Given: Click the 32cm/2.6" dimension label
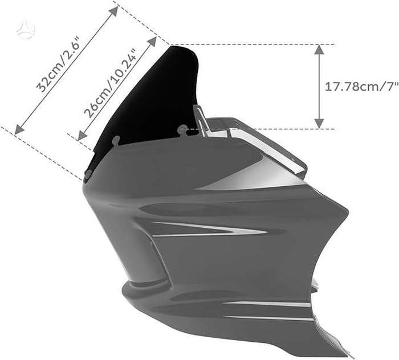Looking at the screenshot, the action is click(x=59, y=64).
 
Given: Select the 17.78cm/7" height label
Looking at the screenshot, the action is click(x=361, y=87).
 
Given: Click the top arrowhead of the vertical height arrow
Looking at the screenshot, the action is click(x=319, y=50).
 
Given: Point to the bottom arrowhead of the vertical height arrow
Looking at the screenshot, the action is click(x=319, y=124).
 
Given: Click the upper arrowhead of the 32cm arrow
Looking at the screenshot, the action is click(x=114, y=11).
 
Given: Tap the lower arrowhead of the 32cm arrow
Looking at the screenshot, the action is click(x=19, y=129).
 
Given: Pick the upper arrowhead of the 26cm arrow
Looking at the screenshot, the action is click(x=152, y=41).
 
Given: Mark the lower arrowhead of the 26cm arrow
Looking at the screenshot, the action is click(x=82, y=136).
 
